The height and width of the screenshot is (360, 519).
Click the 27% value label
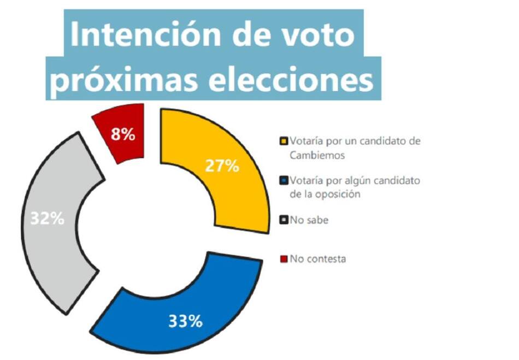[221, 167]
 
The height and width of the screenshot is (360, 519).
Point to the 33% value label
[185, 321]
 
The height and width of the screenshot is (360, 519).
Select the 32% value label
[47, 219]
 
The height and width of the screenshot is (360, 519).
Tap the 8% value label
[123, 134]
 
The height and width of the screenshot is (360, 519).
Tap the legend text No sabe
[309, 220]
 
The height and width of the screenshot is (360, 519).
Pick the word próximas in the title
[131, 80]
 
